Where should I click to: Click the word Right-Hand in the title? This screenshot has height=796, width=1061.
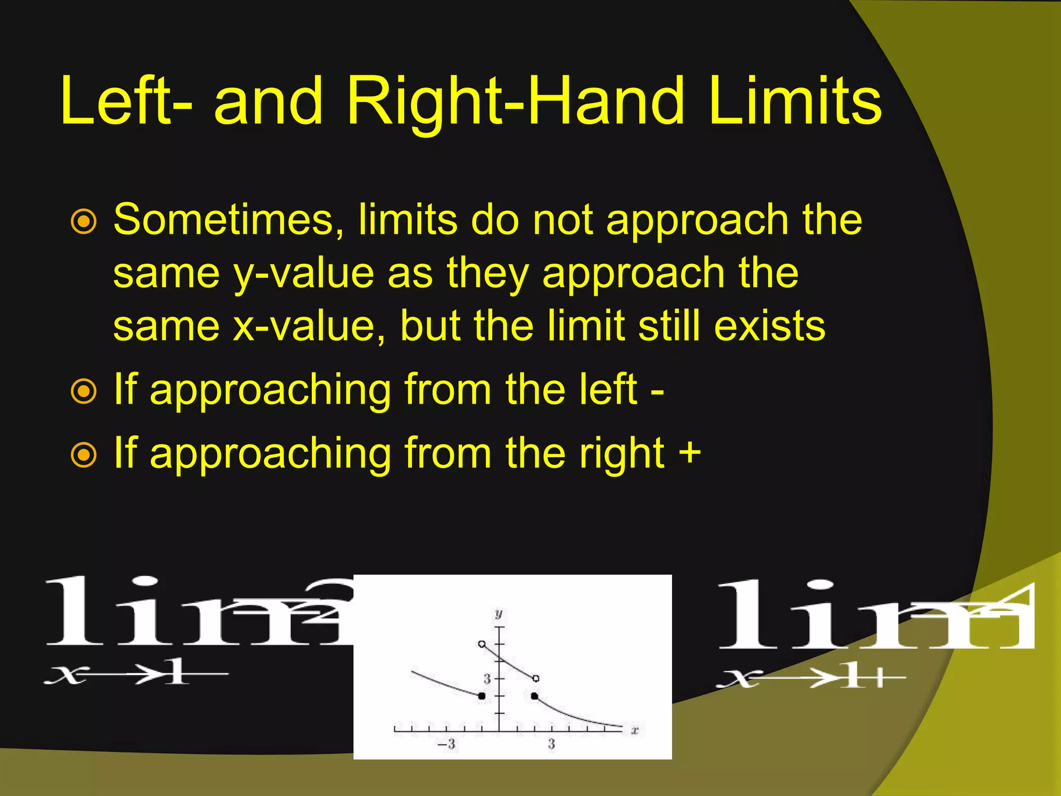point(515,102)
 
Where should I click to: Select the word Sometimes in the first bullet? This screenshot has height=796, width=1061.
point(228,220)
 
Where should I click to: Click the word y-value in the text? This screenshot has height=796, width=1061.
point(304,274)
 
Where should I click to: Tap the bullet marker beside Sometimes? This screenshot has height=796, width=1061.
point(83,222)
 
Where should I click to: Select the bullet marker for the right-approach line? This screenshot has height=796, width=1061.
point(83,455)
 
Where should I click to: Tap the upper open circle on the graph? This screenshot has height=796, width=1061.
point(482,644)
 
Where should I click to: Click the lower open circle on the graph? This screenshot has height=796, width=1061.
point(536,678)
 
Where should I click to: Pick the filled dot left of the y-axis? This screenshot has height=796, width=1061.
point(482,696)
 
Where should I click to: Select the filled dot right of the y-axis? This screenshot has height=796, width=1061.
point(535,696)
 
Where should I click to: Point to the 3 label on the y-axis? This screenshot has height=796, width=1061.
point(487,678)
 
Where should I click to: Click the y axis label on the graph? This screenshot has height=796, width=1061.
point(498,614)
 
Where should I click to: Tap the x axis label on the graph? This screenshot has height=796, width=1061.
point(635,731)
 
